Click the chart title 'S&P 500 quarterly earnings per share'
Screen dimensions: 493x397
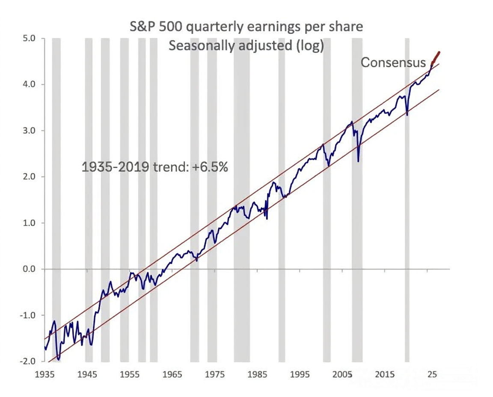[x=246, y=27]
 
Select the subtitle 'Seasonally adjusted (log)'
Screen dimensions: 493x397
[x=246, y=46]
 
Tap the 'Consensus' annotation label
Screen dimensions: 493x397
[x=393, y=62]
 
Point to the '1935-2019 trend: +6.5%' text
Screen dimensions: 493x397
[x=154, y=167]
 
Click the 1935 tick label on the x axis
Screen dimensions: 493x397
[x=45, y=374]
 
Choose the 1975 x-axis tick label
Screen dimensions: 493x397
[x=215, y=374]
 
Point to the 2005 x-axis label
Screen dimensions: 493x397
[x=342, y=374]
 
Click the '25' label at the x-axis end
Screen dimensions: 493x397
[x=432, y=374]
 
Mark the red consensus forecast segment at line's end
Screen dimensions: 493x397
[x=436, y=58]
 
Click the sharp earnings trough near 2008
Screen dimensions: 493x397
[x=358, y=162]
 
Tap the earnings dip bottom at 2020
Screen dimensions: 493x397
[x=407, y=115]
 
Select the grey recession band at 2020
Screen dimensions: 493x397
[x=407, y=200]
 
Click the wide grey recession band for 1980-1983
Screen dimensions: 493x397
[x=242, y=200]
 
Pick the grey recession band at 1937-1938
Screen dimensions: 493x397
[x=56, y=200]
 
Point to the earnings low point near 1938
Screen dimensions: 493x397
[x=58, y=360]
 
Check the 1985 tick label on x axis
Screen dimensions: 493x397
[x=257, y=374]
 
